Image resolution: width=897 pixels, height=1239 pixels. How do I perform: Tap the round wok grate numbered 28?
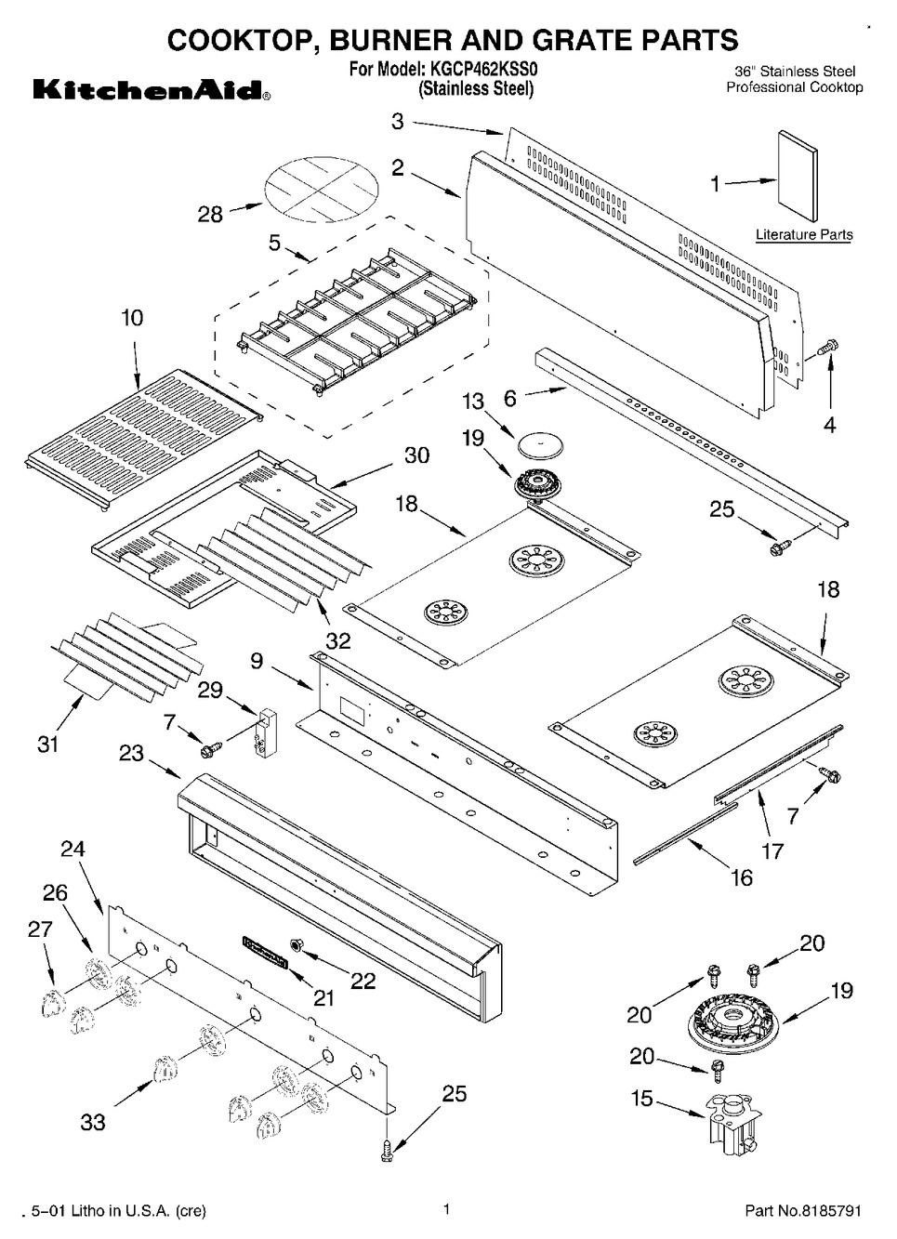point(322,192)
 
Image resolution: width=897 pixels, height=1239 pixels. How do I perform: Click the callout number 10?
point(132,318)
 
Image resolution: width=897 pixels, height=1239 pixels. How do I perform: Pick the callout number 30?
point(416,455)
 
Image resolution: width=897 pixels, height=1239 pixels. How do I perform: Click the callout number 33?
point(93,1122)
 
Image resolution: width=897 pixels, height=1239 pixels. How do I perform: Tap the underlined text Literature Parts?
point(803,235)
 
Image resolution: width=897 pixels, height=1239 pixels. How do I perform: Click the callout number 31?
point(47,744)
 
